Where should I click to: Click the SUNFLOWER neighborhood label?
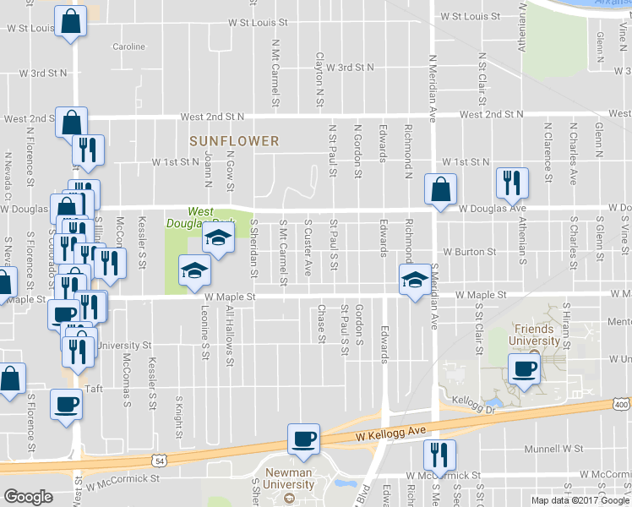(234, 140)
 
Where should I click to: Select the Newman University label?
(289, 478)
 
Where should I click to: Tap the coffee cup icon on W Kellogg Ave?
(304, 438)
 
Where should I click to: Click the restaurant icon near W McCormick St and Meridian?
(439, 455)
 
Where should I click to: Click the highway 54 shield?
(159, 459)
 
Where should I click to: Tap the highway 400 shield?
(622, 404)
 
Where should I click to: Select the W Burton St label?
(471, 252)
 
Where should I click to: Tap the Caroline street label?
(128, 46)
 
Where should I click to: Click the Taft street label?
(93, 389)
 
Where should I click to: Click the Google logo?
(29, 497)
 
